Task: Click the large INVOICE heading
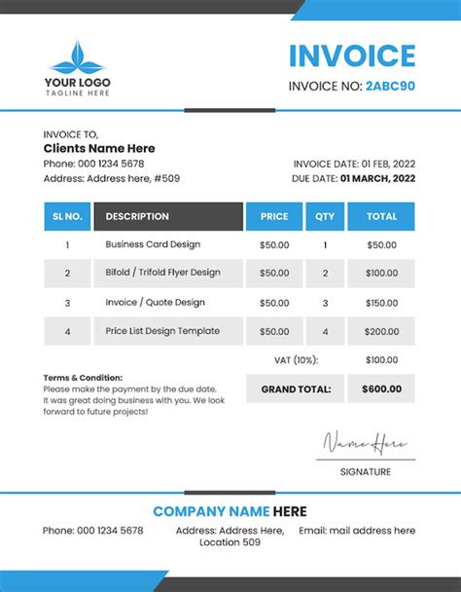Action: [352, 55]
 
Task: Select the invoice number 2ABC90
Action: [390, 86]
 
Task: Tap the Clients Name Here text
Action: [99, 148]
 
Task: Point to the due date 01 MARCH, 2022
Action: [377, 178]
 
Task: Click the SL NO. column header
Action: [67, 216]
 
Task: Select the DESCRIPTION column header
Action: [167, 216]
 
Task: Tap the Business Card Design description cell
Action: [153, 244]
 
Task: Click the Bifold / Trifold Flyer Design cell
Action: [162, 273]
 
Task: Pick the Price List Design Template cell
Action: [163, 331]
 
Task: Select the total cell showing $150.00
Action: [381, 303]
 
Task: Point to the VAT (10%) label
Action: [296, 360]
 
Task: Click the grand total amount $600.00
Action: [381, 389]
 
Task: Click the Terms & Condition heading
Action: [83, 377]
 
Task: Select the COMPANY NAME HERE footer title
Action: [230, 511]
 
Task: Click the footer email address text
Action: [357, 531]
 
